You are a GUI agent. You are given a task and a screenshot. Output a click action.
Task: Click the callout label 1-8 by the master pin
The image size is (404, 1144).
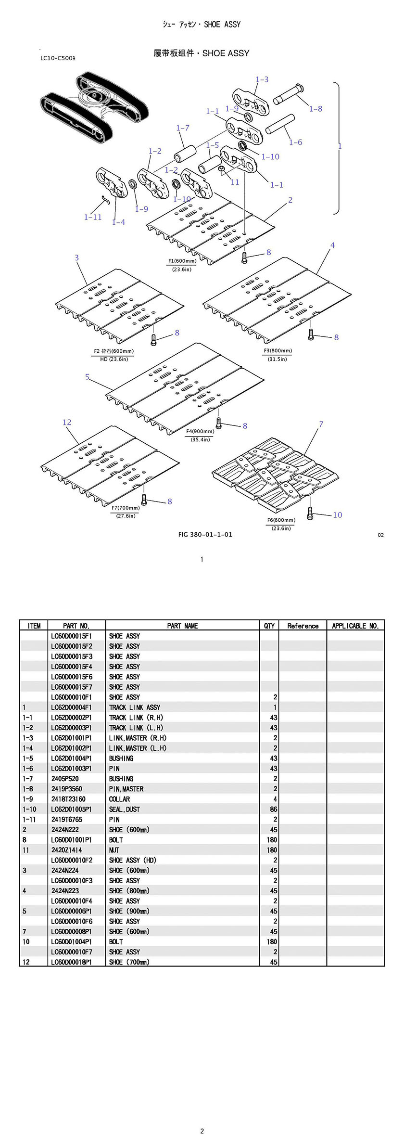tap(316, 109)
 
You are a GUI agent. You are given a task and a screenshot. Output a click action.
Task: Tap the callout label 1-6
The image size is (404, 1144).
tap(295, 142)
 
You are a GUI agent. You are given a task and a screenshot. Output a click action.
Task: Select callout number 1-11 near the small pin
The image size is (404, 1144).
tap(93, 217)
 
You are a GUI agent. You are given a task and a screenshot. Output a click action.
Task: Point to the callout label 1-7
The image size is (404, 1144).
tap(183, 128)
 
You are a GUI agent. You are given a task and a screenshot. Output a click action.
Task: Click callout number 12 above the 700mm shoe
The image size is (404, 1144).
tap(67, 423)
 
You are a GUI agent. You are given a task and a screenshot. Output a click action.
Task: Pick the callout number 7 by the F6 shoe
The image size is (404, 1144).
tap(321, 424)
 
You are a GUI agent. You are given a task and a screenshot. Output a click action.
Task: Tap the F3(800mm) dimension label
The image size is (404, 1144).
tap(278, 351)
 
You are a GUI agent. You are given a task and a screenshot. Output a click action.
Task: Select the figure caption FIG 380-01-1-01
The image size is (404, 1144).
tap(205, 534)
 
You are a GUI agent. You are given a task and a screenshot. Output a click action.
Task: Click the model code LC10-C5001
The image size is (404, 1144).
tap(60, 59)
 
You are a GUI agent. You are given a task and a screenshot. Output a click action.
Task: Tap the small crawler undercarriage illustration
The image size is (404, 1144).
tap(89, 107)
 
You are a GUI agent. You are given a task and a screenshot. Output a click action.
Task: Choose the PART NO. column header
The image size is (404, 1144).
tap(76, 626)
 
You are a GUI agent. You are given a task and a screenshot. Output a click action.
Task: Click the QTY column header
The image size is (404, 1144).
tap(269, 626)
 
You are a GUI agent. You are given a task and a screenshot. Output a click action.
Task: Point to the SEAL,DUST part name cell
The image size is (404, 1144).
tap(124, 809)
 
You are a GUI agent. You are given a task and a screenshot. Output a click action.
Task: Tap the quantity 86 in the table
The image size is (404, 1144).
tap(273, 809)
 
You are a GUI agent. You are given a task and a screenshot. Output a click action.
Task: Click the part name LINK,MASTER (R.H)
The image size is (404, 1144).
tap(138, 738)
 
